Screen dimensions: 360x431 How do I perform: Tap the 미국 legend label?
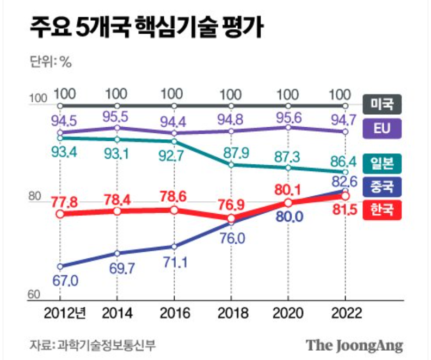(x=382, y=102)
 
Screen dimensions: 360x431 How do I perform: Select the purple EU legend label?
(x=382, y=128)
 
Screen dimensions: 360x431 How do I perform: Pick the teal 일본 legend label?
(x=382, y=162)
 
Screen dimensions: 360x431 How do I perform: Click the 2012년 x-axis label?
(x=64, y=315)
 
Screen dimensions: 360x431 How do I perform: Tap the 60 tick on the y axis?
(x=34, y=295)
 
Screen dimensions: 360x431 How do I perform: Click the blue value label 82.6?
(x=344, y=180)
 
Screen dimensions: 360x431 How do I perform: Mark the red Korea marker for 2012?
(x=59, y=214)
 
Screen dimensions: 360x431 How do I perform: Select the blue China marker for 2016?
(x=174, y=246)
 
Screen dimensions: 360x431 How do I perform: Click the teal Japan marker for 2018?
(x=231, y=164)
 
